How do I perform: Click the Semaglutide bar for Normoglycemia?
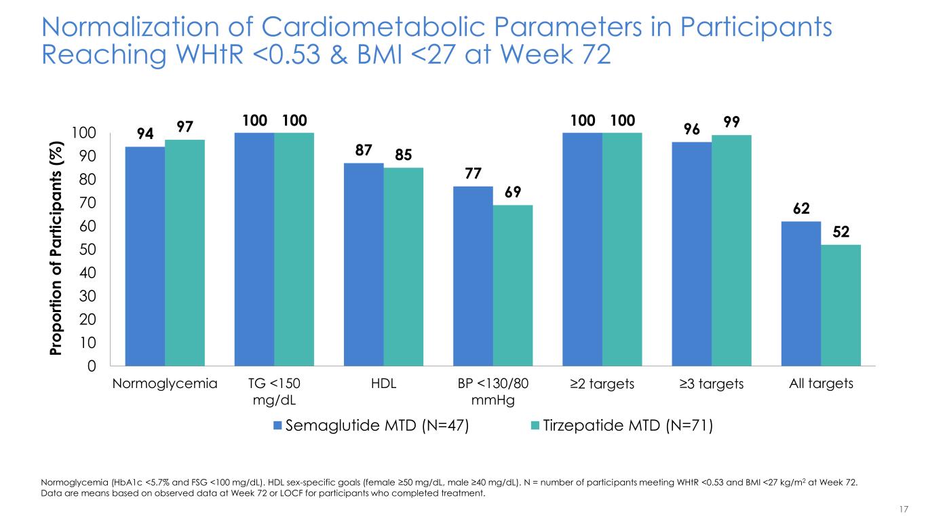pyautogui.click(x=145, y=256)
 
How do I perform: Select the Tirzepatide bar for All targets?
pyautogui.click(x=841, y=305)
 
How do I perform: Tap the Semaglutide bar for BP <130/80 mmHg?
pyautogui.click(x=473, y=276)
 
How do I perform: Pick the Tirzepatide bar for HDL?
pyautogui.click(x=403, y=267)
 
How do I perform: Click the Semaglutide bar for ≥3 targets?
pyautogui.click(x=691, y=254)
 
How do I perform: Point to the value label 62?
pyautogui.click(x=801, y=208)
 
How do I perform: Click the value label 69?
pyautogui.click(x=512, y=192)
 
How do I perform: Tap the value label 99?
pyautogui.click(x=731, y=121)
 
